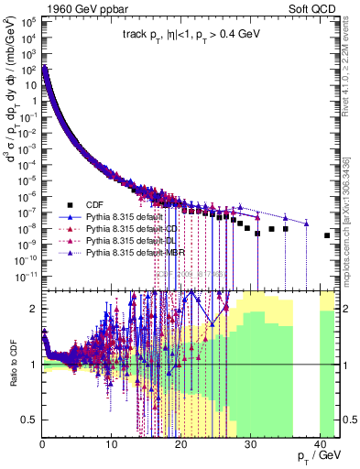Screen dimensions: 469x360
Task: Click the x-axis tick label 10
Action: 111,446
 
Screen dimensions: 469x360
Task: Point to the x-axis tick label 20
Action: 180,446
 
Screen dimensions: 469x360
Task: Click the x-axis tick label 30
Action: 250,446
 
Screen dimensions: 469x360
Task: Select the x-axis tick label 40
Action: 320,446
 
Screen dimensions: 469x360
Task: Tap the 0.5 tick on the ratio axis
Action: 30,420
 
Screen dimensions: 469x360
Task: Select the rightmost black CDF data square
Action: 327,235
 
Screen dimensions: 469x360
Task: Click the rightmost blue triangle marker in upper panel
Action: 306,223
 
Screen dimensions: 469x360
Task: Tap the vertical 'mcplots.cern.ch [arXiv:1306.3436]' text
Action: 352,220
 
